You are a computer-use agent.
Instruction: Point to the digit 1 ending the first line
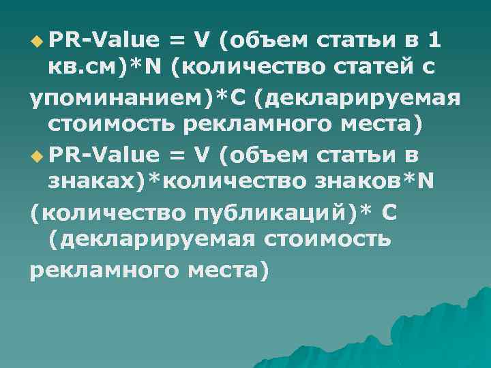pos(434,41)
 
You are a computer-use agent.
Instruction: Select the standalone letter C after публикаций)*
pos(389,214)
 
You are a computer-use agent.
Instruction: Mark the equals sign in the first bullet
pos(177,41)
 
